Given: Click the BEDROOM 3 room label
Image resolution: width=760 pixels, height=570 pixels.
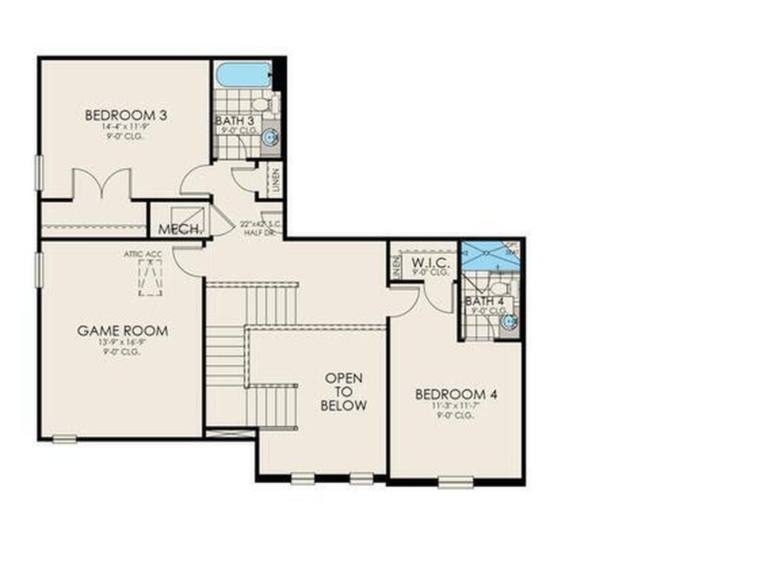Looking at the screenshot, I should (125, 115).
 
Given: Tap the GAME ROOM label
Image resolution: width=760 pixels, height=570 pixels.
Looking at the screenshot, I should (122, 330).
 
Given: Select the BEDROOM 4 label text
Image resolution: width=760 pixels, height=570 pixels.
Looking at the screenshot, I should (456, 393).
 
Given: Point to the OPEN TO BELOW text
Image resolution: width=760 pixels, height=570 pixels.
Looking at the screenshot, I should (344, 392).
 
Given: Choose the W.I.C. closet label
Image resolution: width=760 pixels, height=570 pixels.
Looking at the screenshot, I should (427, 262).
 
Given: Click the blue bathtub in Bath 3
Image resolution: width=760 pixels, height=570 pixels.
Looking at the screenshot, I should (243, 75).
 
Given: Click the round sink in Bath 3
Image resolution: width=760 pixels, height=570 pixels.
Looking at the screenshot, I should (271, 137).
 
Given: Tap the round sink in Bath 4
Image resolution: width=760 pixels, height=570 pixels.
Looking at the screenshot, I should (508, 321).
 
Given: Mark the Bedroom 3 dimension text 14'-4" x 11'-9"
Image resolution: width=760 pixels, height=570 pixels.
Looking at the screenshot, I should (125, 127).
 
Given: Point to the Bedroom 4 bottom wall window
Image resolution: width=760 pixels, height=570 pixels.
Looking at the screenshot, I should (456, 482).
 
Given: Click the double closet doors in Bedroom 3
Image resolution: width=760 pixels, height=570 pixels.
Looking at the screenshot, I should (102, 184).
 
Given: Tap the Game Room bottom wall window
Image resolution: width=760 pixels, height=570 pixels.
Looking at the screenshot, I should (65, 439).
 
